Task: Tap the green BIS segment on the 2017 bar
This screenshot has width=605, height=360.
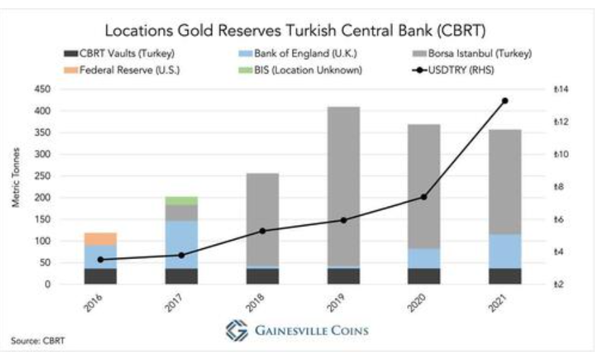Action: click(x=181, y=200)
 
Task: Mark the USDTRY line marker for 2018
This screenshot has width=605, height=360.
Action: click(x=263, y=230)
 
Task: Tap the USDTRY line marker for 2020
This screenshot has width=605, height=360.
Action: click(x=424, y=197)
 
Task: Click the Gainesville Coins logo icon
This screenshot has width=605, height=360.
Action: click(x=234, y=330)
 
